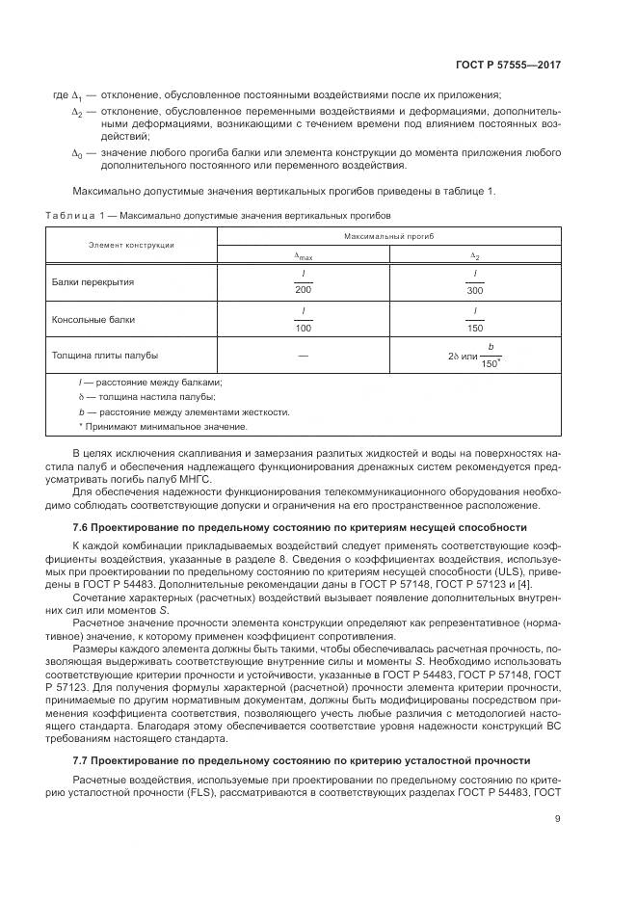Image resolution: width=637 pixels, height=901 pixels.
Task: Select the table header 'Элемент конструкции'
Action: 131,245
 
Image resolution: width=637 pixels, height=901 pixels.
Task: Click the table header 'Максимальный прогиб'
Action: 389,235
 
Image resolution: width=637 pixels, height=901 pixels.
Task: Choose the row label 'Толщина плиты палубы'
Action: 104,356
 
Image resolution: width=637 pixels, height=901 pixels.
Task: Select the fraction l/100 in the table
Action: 304,318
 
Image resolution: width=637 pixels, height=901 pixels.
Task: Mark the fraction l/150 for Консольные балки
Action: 475,318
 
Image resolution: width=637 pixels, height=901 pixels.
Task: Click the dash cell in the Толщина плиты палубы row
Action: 304,357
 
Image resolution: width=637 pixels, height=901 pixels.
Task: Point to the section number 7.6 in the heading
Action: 82,527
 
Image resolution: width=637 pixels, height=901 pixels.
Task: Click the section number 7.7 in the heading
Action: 82,759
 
